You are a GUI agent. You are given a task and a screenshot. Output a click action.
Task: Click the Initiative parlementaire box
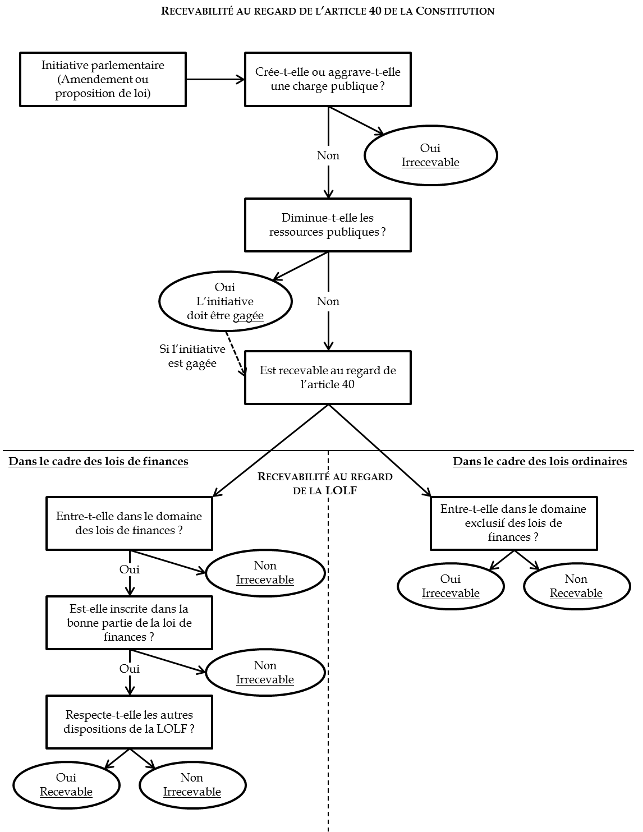pyautogui.click(x=103, y=79)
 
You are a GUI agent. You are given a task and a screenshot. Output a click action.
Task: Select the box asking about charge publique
pyautogui.click(x=328, y=79)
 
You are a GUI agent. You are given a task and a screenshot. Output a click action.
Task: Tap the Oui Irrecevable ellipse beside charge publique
pyautogui.click(x=430, y=155)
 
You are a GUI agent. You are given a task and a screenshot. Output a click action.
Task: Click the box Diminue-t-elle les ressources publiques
pyautogui.click(x=328, y=224)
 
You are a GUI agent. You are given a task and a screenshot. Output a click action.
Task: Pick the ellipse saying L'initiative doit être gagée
pyautogui.click(x=225, y=301)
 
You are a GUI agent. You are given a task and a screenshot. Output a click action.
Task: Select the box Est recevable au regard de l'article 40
pyautogui.click(x=328, y=377)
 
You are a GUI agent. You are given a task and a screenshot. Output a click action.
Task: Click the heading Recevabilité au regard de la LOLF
pyautogui.click(x=325, y=484)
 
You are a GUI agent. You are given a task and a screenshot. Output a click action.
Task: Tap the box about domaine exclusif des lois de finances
pyautogui.click(x=513, y=523)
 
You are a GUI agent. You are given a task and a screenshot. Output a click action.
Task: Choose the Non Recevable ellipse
pyautogui.click(x=576, y=586)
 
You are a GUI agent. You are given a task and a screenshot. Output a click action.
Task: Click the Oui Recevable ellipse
pyautogui.click(x=66, y=784)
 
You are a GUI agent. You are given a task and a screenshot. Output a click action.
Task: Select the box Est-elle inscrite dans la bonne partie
pyautogui.click(x=129, y=622)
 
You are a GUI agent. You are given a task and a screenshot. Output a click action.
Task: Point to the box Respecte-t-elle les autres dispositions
pyautogui.click(x=129, y=721)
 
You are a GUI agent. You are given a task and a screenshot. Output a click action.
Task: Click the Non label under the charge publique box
pyautogui.click(x=328, y=155)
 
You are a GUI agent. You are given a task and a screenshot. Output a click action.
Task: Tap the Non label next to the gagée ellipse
pyautogui.click(x=328, y=301)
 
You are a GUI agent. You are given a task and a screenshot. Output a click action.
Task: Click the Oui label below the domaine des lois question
pyautogui.click(x=129, y=569)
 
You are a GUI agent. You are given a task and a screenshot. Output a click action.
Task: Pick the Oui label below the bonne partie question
pyautogui.click(x=129, y=669)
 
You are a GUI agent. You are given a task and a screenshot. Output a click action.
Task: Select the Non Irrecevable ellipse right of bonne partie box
pyautogui.click(x=265, y=672)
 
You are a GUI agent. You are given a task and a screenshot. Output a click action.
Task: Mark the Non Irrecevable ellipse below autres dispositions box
pyautogui.click(x=192, y=784)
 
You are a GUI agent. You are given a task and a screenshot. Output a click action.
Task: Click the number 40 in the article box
pyautogui.click(x=348, y=385)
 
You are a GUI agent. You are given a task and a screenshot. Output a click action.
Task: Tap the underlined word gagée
pyautogui.click(x=248, y=316)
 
